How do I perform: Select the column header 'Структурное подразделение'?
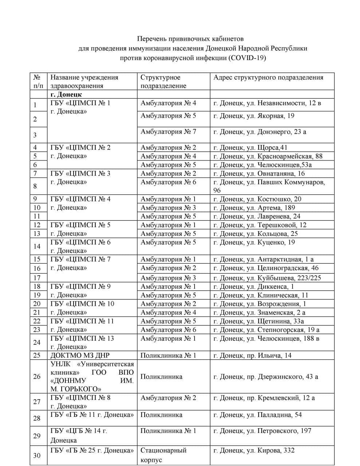(164, 82)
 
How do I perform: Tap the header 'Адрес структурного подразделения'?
(268, 77)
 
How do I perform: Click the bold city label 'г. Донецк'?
(66, 95)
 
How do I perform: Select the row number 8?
(35, 186)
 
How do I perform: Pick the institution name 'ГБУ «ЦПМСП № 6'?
(81, 242)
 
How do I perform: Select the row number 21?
(37, 312)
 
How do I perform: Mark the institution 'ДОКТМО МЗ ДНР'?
(80, 355)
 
